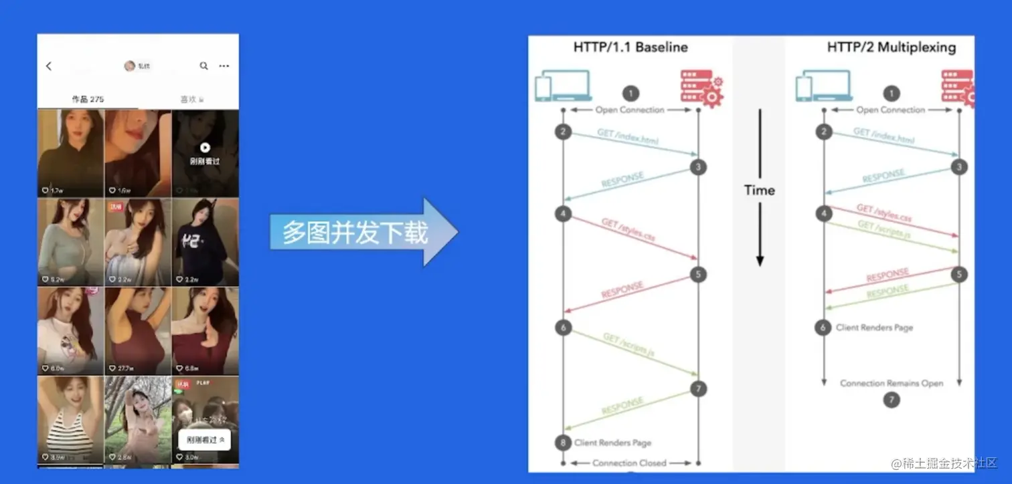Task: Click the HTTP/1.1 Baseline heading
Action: (630, 47)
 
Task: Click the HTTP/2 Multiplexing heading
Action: (891, 47)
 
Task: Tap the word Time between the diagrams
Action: (759, 191)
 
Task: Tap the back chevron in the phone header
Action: (49, 66)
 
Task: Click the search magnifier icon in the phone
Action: (203, 66)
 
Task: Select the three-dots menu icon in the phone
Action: (224, 66)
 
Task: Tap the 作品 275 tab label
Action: (88, 99)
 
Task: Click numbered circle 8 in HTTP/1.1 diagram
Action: (564, 442)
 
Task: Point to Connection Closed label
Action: (629, 463)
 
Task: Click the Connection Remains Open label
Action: (892, 384)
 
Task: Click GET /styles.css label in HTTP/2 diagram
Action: (883, 214)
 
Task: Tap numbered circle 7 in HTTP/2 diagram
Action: (891, 400)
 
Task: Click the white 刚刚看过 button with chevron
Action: (204, 440)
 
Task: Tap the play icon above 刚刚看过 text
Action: (205, 148)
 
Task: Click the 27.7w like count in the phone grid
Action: (124, 368)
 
